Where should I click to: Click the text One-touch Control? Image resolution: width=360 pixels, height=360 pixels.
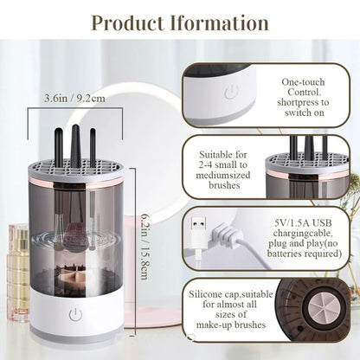[302, 87]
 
